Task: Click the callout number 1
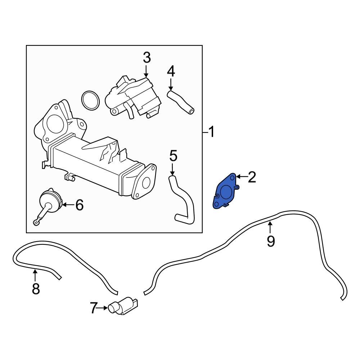tap(211, 132)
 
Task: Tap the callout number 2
tap(251, 177)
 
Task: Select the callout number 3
tap(147, 58)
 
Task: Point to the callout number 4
tap(171, 71)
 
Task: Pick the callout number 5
tap(173, 156)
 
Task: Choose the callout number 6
tap(79, 205)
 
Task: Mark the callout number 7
tap(94, 308)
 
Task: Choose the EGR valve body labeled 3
tap(133, 95)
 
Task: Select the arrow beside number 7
tap(103, 308)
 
